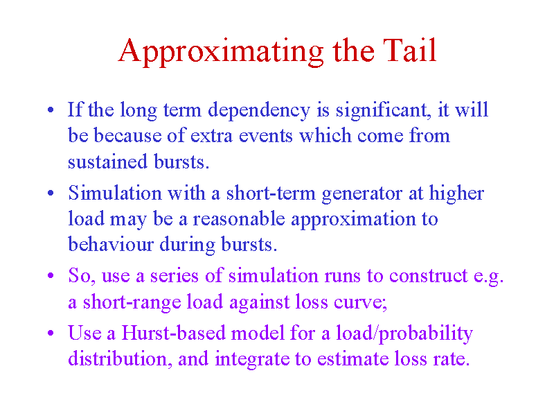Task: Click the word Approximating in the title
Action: click(221, 51)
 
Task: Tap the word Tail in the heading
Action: click(410, 50)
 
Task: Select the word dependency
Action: click(259, 111)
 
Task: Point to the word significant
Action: click(383, 111)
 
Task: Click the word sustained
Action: click(107, 162)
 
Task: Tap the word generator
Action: click(362, 194)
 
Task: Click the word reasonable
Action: click(239, 218)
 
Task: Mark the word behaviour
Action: click(111, 244)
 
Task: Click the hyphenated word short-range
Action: click(132, 302)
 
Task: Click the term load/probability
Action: click(404, 334)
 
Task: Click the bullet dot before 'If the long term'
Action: click(51, 110)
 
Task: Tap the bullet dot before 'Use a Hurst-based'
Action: click(51, 333)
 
